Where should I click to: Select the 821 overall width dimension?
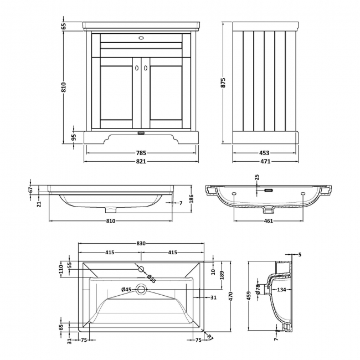click(141, 161)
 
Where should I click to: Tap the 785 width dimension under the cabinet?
click(141, 153)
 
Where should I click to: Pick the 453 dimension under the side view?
click(264, 153)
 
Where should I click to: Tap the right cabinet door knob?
click(146, 68)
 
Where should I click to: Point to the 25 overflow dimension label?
click(256, 178)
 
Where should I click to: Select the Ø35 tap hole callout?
click(151, 278)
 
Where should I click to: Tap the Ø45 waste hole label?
click(127, 289)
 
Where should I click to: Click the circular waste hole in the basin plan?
click(141, 289)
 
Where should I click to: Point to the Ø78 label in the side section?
click(258, 288)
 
